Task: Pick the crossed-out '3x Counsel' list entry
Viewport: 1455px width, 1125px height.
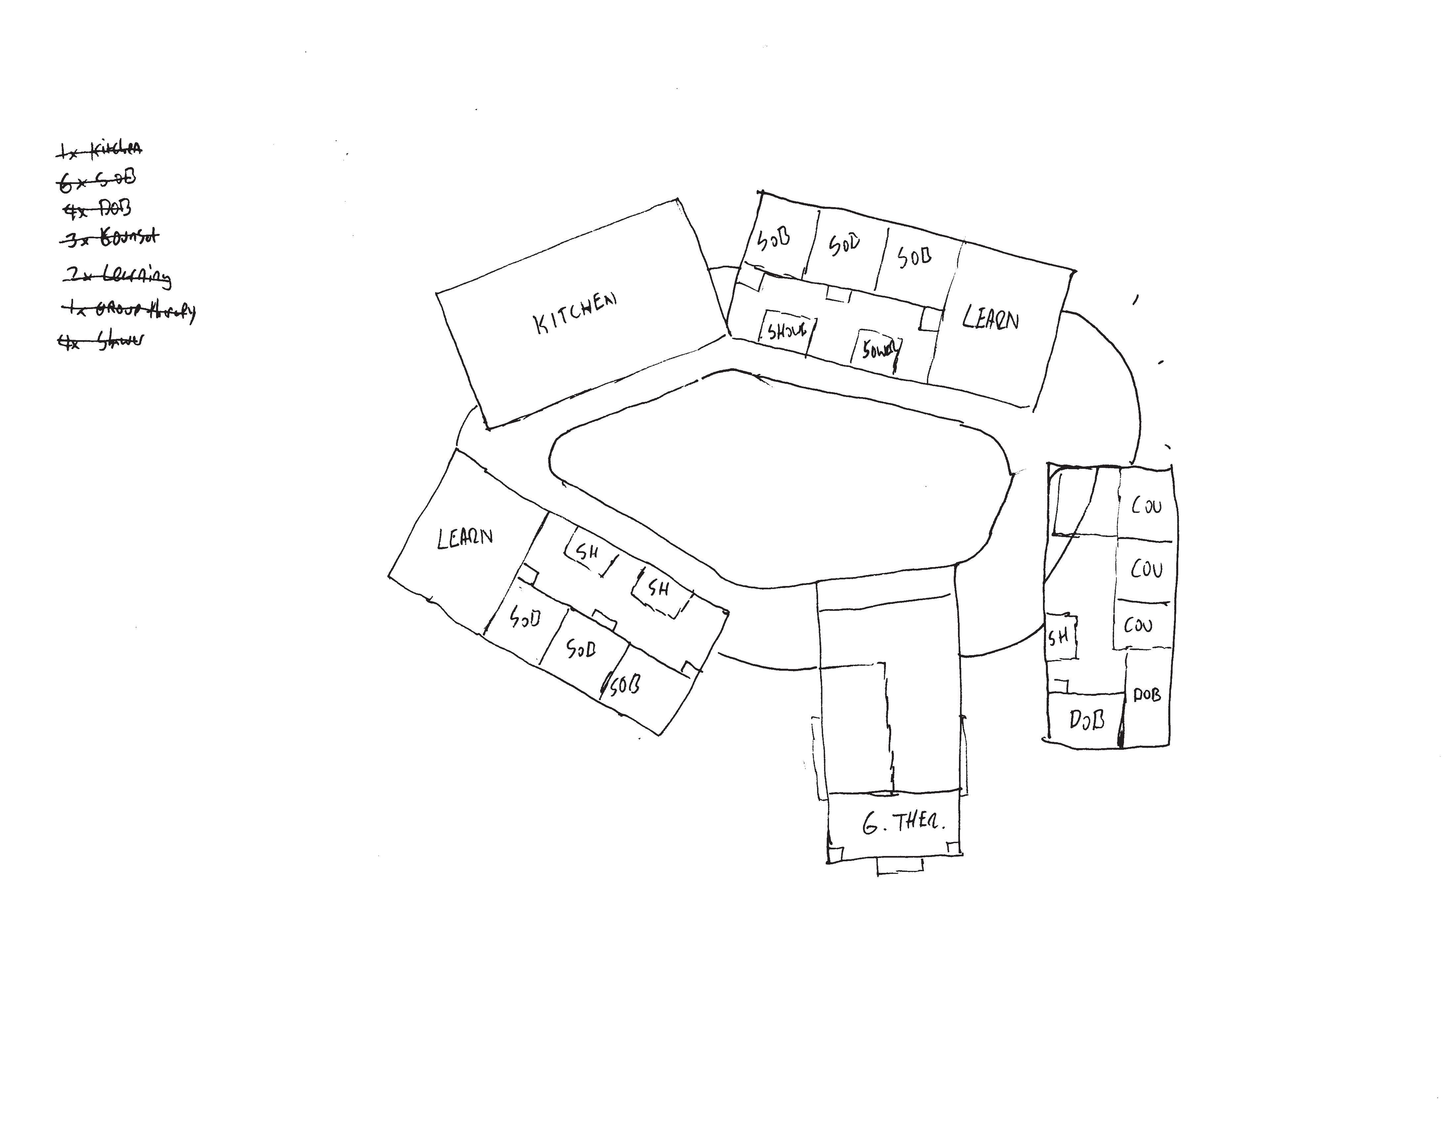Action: coord(110,237)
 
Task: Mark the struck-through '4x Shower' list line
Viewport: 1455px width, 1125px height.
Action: coord(101,341)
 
